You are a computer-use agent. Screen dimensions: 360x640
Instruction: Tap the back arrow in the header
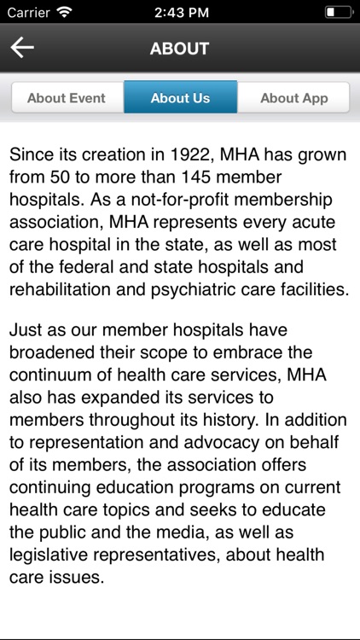[22, 48]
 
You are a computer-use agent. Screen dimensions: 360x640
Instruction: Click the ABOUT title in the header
[179, 49]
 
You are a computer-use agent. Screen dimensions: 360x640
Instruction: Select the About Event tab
[67, 98]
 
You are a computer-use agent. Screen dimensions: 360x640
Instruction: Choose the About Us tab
[180, 98]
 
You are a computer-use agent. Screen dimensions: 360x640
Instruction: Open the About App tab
[293, 98]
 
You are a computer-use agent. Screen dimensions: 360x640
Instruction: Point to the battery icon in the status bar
[338, 13]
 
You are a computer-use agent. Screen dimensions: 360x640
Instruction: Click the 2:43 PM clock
[179, 13]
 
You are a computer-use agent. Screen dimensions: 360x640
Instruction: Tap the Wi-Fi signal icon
[64, 13]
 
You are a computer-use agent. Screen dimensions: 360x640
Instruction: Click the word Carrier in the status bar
[28, 13]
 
